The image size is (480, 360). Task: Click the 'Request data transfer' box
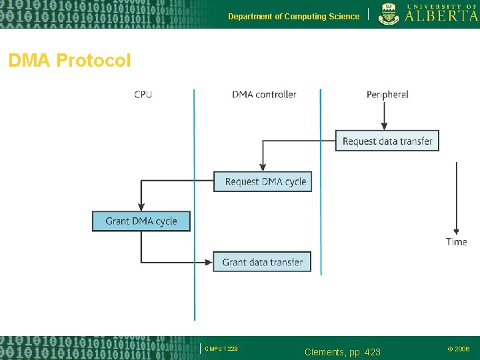point(387,141)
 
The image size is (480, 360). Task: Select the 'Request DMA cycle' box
point(263,181)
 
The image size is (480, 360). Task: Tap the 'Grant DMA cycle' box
point(141,221)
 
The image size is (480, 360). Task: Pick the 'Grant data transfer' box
point(262,262)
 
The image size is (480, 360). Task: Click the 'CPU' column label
point(143,95)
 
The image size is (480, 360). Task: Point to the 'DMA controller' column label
point(264,95)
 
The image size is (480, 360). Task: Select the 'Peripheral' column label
point(387,95)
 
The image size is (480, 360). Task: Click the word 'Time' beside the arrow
point(457,242)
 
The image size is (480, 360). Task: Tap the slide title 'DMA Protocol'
point(69,61)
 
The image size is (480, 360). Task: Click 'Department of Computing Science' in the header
point(293,17)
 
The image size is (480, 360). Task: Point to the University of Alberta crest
point(389,13)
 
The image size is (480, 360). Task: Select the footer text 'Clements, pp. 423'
point(342,351)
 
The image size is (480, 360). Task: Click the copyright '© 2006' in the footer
point(458,349)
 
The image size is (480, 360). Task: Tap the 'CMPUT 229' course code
point(221,349)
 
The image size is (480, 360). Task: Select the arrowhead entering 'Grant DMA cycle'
point(141,207)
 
